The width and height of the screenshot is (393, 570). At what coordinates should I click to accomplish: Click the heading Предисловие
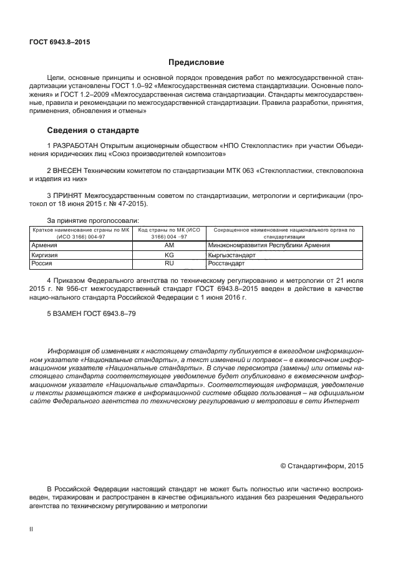click(196, 62)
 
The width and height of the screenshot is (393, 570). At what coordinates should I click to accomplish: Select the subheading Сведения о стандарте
click(93, 130)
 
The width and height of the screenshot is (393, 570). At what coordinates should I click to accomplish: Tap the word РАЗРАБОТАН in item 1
click(77, 145)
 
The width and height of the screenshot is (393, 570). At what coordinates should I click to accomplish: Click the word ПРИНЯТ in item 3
click(69, 195)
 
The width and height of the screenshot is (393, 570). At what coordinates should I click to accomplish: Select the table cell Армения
click(44, 245)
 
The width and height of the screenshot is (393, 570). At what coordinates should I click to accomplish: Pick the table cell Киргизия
click(44, 255)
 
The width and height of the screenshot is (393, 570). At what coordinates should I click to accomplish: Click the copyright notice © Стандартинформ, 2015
click(322, 465)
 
